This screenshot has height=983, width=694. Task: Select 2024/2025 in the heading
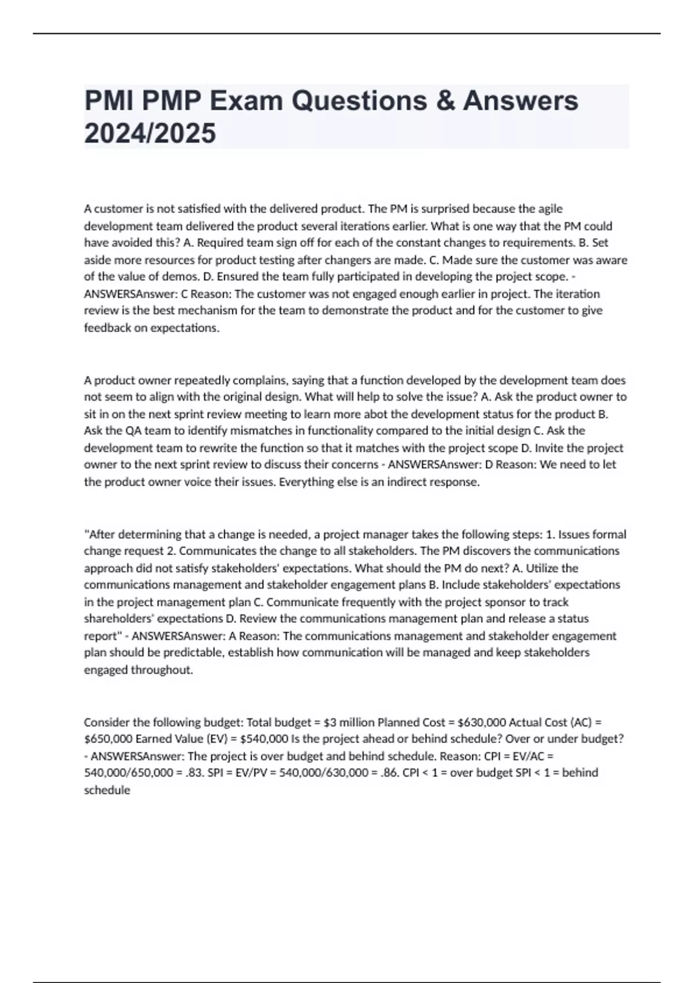point(150,134)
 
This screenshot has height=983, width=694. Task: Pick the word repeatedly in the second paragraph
point(190,380)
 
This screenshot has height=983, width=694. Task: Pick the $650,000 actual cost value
point(108,739)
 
